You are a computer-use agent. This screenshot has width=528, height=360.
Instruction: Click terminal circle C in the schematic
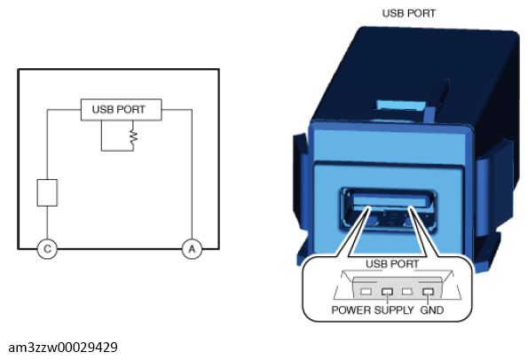coord(47,249)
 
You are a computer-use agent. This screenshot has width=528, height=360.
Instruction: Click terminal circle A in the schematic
coord(192,249)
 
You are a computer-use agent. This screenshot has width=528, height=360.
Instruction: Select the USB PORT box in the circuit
coord(122,110)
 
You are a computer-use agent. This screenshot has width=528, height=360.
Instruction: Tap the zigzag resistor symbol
coord(134,137)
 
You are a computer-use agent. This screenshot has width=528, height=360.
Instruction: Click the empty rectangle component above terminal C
coord(47,192)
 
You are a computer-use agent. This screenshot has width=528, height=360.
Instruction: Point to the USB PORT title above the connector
coord(409,13)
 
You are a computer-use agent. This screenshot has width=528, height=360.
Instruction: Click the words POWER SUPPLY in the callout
coord(373,309)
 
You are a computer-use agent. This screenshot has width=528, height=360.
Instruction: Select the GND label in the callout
coord(431,309)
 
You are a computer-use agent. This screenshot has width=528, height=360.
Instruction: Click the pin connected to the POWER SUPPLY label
coord(387,292)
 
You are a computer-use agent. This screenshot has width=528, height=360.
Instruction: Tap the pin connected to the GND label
coord(428,292)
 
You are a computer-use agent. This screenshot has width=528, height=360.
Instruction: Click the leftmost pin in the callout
coord(366,292)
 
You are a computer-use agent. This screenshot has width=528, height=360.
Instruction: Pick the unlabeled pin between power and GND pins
coord(407,292)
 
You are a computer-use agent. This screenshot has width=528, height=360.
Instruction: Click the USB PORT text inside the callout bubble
coord(392,264)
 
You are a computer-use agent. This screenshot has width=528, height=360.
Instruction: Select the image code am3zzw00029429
coord(63,348)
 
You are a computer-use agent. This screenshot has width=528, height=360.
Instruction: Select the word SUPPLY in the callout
coord(394,309)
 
